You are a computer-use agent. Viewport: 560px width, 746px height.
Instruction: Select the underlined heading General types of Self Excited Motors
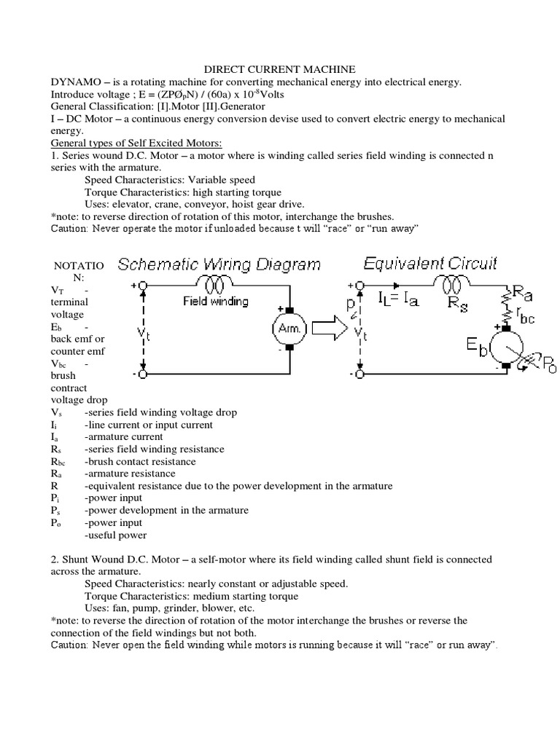pos(136,142)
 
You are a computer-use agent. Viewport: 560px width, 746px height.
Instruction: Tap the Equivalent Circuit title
pos(430,262)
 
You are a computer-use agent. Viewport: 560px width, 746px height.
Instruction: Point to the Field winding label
pos(215,301)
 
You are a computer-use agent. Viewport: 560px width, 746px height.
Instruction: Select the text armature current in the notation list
pos(119,436)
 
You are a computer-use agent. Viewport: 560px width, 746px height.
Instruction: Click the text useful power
pos(116,535)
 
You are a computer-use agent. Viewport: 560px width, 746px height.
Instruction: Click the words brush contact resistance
pos(140,461)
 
